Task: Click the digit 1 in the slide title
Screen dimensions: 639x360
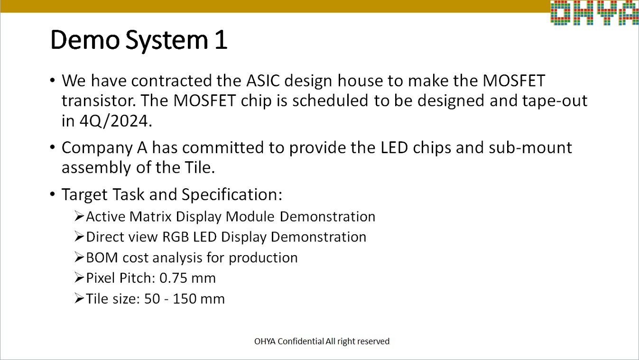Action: (221, 40)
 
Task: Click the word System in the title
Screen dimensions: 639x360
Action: (167, 41)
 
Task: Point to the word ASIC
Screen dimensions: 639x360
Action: (263, 81)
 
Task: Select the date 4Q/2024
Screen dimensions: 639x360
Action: (114, 121)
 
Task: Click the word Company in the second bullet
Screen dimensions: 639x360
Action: (97, 148)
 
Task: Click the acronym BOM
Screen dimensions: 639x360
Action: (102, 258)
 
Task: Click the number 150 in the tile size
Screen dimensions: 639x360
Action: (184, 299)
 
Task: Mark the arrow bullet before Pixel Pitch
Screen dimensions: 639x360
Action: (79, 277)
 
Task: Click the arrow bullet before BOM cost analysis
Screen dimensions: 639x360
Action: (79, 257)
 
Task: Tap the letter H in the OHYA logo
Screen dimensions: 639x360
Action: (583, 13)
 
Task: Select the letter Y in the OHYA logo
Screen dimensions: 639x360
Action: (607, 13)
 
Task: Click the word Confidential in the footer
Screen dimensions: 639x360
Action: (301, 341)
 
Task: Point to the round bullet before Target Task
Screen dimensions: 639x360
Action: (52, 194)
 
